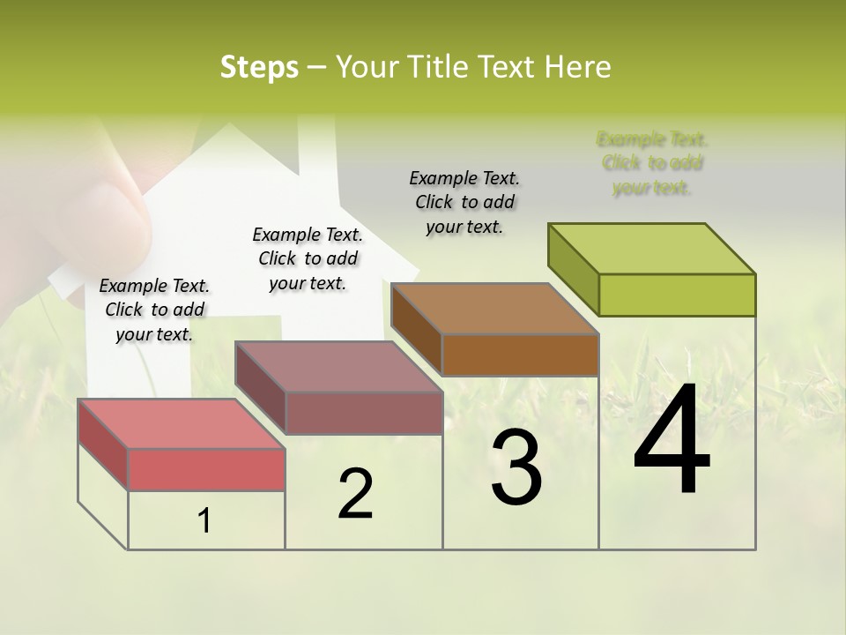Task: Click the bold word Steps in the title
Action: tap(259, 67)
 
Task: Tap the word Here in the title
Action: tap(578, 67)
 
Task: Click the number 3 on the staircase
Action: tap(516, 467)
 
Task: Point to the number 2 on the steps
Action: tap(355, 494)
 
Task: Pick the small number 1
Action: tap(204, 521)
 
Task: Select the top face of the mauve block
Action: tap(338, 367)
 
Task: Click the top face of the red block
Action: tap(182, 424)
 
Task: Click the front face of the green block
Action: tap(677, 295)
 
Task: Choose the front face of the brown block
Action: tap(520, 355)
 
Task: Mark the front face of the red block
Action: tap(206, 469)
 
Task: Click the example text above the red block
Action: tap(154, 310)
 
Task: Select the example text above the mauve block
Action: tap(308, 258)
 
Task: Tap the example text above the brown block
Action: tap(464, 202)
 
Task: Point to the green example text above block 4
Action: tap(652, 163)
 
